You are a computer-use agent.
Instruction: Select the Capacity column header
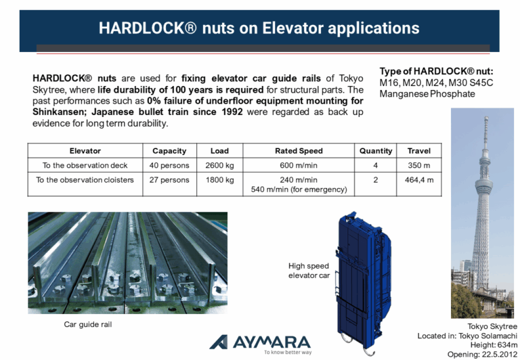point(169,150)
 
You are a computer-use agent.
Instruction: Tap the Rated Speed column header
point(299,150)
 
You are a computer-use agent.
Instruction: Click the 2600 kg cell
point(219,165)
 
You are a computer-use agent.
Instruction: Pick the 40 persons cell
point(169,165)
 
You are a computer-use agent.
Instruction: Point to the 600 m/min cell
point(299,165)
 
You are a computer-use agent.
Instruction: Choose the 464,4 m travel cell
point(419,180)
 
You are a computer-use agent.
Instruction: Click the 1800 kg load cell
point(219,180)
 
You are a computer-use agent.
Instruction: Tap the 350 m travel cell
point(419,165)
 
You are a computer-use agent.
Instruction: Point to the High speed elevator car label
point(309,271)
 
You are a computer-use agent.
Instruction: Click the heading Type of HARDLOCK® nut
point(436,72)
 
